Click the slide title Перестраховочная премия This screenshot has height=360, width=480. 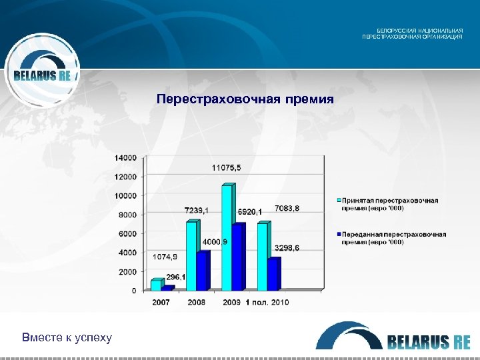click(245, 99)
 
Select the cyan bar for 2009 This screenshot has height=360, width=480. click(227, 238)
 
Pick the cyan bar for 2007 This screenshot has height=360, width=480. click(156, 285)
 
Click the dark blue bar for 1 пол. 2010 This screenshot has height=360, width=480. click(273, 274)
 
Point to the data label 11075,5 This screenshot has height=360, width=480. click(227, 167)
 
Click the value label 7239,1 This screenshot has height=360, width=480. click(196, 211)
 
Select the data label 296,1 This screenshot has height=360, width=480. click(176, 277)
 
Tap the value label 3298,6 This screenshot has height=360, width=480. click(287, 248)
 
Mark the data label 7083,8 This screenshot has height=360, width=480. click(287, 209)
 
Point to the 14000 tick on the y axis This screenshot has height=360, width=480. click(125, 158)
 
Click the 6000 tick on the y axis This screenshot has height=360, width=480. click(127, 234)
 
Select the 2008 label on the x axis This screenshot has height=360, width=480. click(196, 303)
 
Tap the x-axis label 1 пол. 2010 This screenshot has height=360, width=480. click(267, 303)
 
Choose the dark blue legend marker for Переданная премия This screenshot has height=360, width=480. click(338, 235)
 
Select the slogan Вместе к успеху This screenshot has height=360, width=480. click(67, 337)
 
